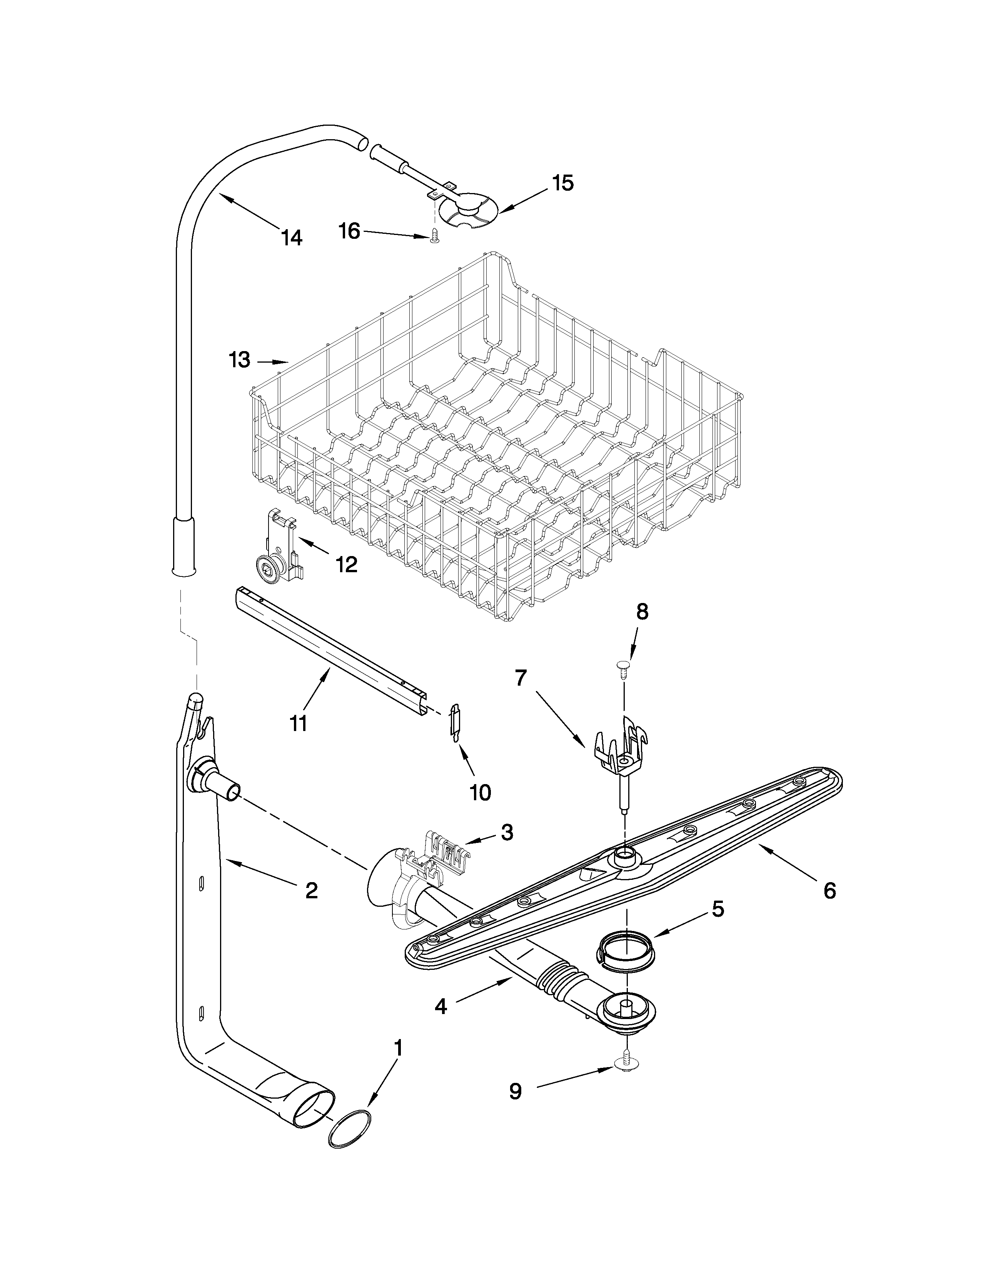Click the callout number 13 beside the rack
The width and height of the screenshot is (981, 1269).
point(239,360)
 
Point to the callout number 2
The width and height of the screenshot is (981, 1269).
point(312,891)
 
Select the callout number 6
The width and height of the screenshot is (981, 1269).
point(829,891)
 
